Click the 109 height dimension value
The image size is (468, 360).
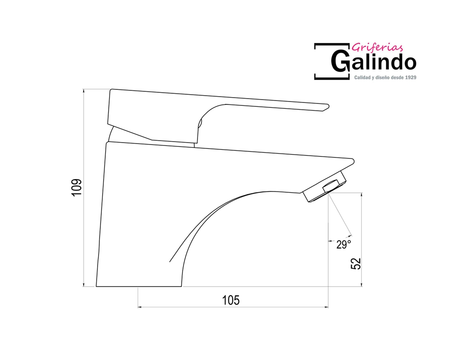76,187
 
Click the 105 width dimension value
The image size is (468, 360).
231,300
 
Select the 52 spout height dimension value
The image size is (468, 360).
355,263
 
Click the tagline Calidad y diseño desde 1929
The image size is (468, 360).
385,77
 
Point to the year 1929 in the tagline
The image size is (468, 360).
410,77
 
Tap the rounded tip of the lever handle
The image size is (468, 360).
326,107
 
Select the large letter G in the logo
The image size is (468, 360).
340,61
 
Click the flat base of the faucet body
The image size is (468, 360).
139,286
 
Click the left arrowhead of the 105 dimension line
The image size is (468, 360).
140,306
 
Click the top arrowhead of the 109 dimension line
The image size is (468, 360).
84,91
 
